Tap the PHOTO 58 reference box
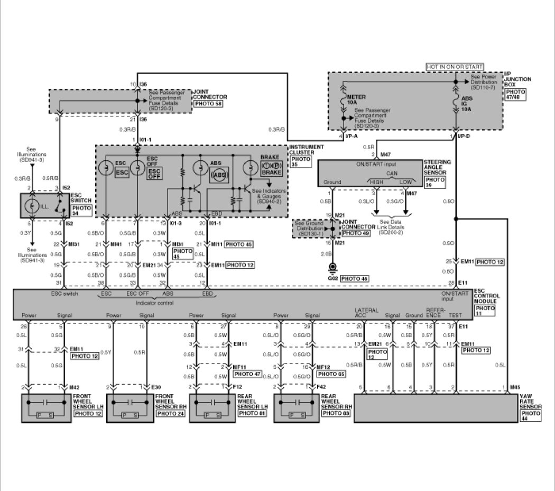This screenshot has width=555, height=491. coord(208,104)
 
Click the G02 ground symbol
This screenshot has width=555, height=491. coord(334,267)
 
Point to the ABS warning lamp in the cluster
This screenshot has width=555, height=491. coord(200,167)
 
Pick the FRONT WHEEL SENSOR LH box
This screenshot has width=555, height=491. coord(47,408)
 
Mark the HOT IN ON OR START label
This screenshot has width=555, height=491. coord(455,67)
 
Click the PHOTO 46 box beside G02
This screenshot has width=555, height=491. coord(354,278)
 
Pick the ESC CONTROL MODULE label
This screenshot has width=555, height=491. coord(486,296)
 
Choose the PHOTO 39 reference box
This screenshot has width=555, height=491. coord(436,181)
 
